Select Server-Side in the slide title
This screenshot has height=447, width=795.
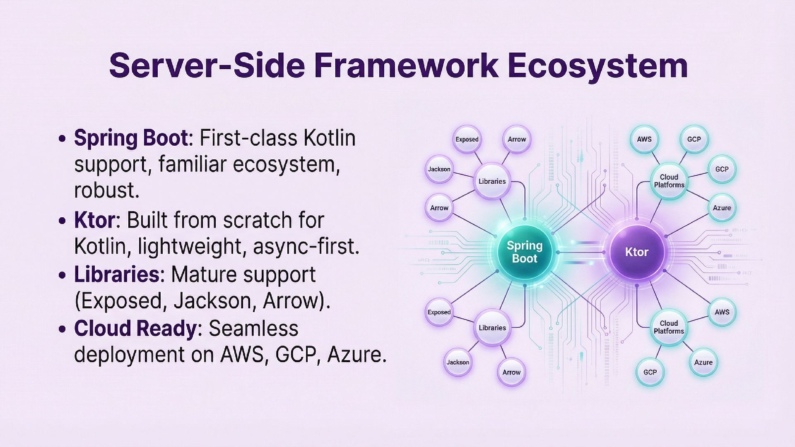tap(207, 65)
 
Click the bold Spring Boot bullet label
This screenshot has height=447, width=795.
tap(131, 138)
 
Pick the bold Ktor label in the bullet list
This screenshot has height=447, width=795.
tap(94, 220)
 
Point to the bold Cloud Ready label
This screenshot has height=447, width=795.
tap(135, 329)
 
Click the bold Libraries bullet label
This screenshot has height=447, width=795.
tap(116, 275)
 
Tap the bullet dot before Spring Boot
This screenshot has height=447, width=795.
tap(63, 139)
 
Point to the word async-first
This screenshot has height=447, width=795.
tap(306, 247)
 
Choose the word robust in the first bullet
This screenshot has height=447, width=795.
tap(106, 190)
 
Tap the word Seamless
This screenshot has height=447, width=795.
tap(253, 329)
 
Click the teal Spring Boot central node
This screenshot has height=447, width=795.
tap(525, 252)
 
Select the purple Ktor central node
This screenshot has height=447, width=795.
tap(636, 252)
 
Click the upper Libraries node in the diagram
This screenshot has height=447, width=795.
tap(492, 181)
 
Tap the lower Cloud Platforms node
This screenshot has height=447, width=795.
tap(669, 327)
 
